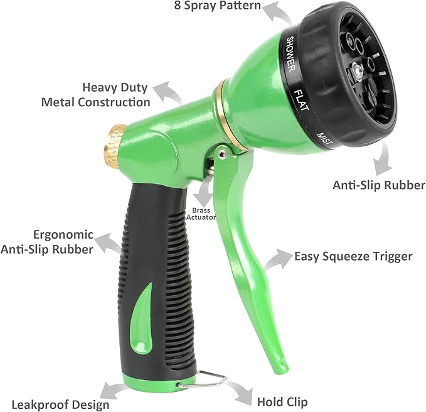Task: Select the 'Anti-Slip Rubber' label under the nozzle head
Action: point(379,185)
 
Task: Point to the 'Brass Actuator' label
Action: point(201,214)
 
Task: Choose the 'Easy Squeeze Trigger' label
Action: point(353,256)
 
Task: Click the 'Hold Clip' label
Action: point(282,401)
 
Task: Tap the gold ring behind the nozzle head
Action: point(220,100)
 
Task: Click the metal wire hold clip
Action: point(200,377)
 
